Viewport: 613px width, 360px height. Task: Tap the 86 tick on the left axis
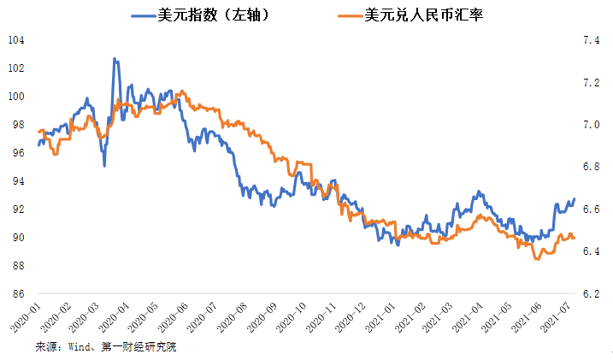coord(17,293)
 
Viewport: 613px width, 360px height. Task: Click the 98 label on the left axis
coord(17,125)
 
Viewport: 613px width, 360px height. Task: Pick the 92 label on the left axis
coord(17,210)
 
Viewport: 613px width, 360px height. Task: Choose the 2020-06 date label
coord(180,318)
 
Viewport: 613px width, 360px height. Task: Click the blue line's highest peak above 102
coord(114,59)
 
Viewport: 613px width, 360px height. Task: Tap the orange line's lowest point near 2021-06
coord(536,258)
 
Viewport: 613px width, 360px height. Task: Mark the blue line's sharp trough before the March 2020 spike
coord(104,165)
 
